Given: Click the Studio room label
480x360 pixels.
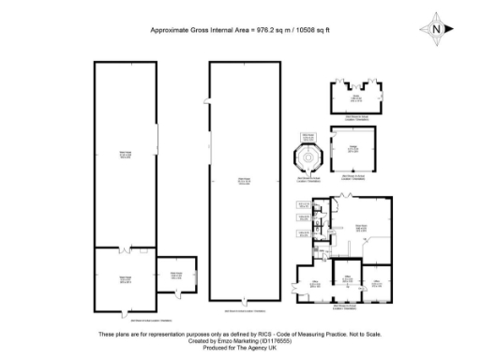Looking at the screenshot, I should (355, 97).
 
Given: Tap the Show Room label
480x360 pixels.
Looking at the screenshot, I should (359, 226).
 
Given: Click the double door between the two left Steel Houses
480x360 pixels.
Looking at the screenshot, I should (124, 247).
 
